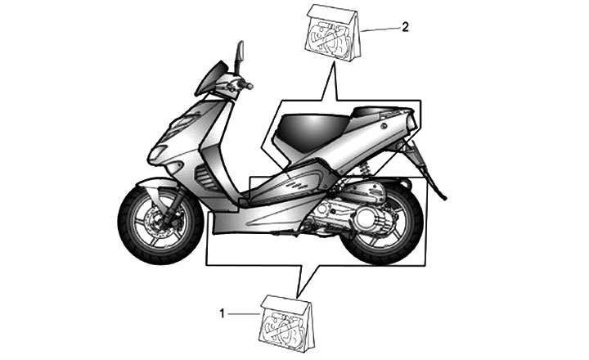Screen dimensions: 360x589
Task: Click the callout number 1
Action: point(222,312)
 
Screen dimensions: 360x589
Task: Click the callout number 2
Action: point(405,26)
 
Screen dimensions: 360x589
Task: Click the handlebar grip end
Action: point(249,86)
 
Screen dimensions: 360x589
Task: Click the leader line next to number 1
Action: point(244,313)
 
